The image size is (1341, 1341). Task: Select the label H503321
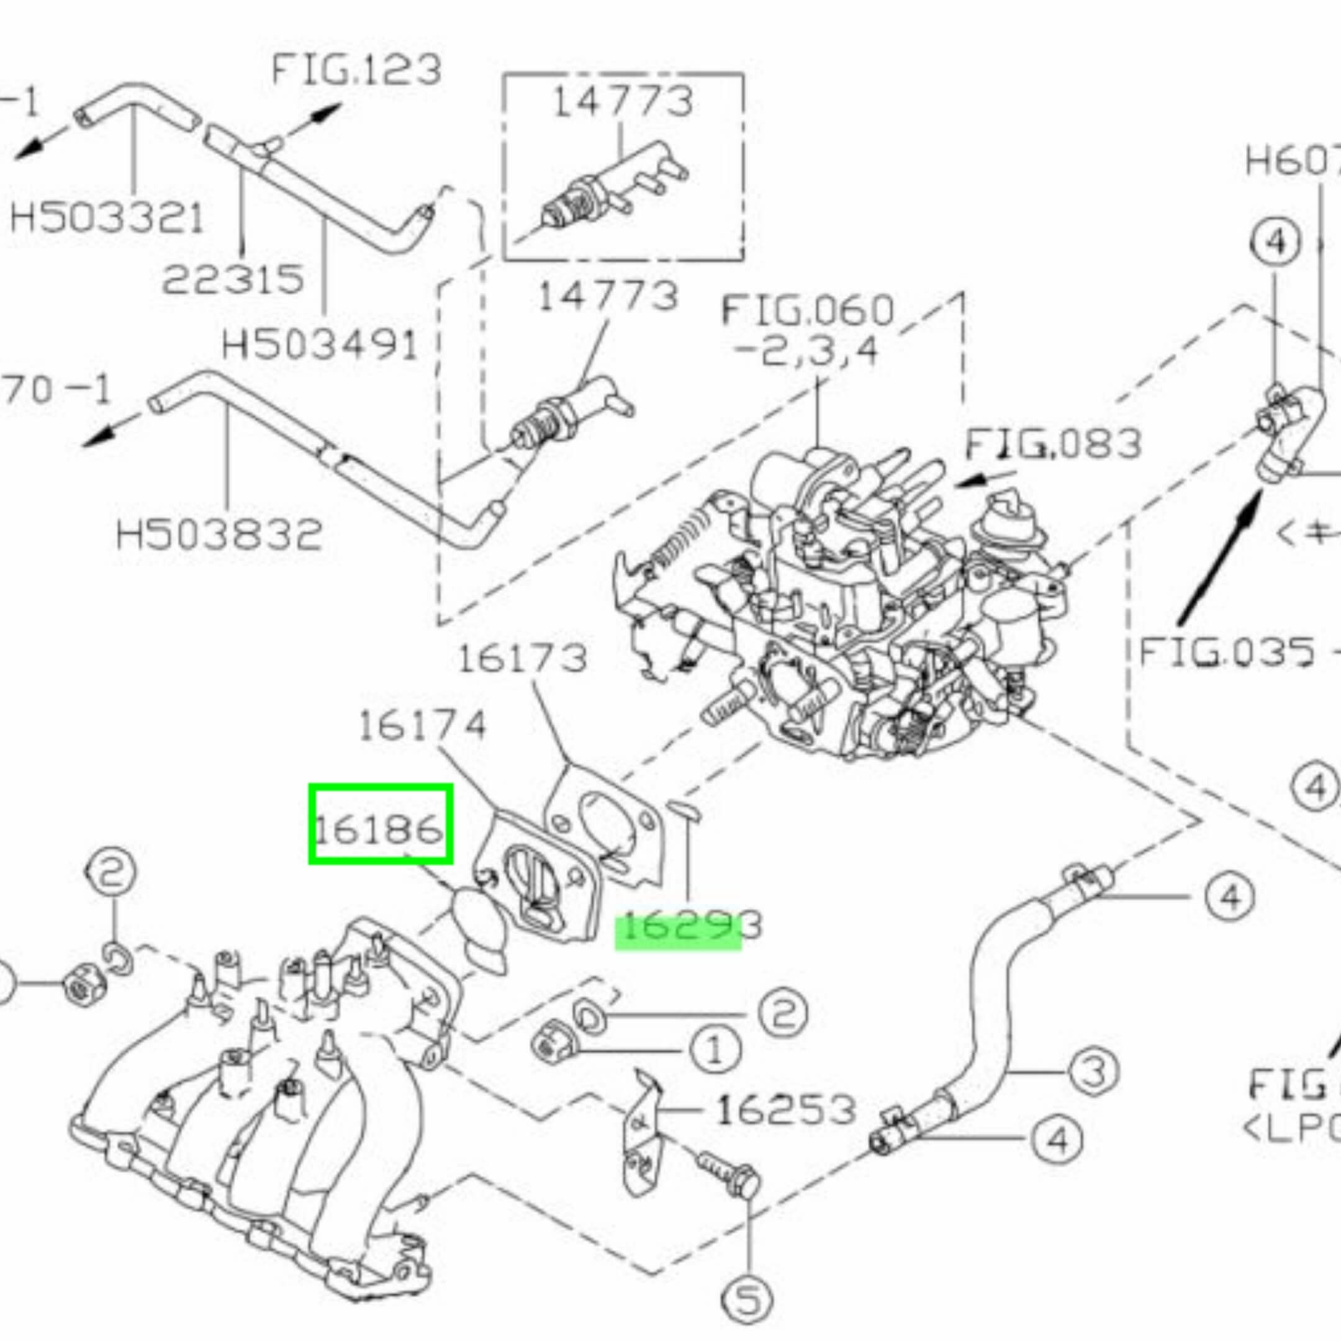107,218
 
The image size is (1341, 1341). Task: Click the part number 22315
233,279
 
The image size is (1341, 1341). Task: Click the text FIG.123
355,70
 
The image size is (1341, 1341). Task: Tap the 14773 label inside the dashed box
623,102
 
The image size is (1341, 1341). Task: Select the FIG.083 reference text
1054,445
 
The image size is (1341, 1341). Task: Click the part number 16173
523,658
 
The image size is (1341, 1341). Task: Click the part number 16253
785,1111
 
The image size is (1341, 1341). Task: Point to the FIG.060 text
807,311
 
